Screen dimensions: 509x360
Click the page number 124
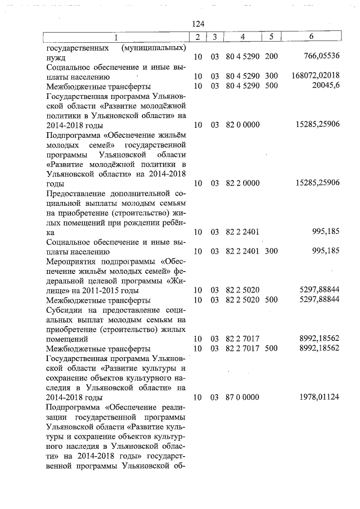tap(197, 24)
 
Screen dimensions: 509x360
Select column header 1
tap(115, 37)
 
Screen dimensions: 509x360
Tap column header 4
tap(242, 37)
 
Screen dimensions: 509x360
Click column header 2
tap(197, 37)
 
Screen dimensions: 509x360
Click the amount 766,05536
tap(319, 57)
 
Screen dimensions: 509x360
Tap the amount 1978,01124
tap(319, 397)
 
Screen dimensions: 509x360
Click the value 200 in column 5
tap(271, 57)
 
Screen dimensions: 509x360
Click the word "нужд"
tap(56, 57)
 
